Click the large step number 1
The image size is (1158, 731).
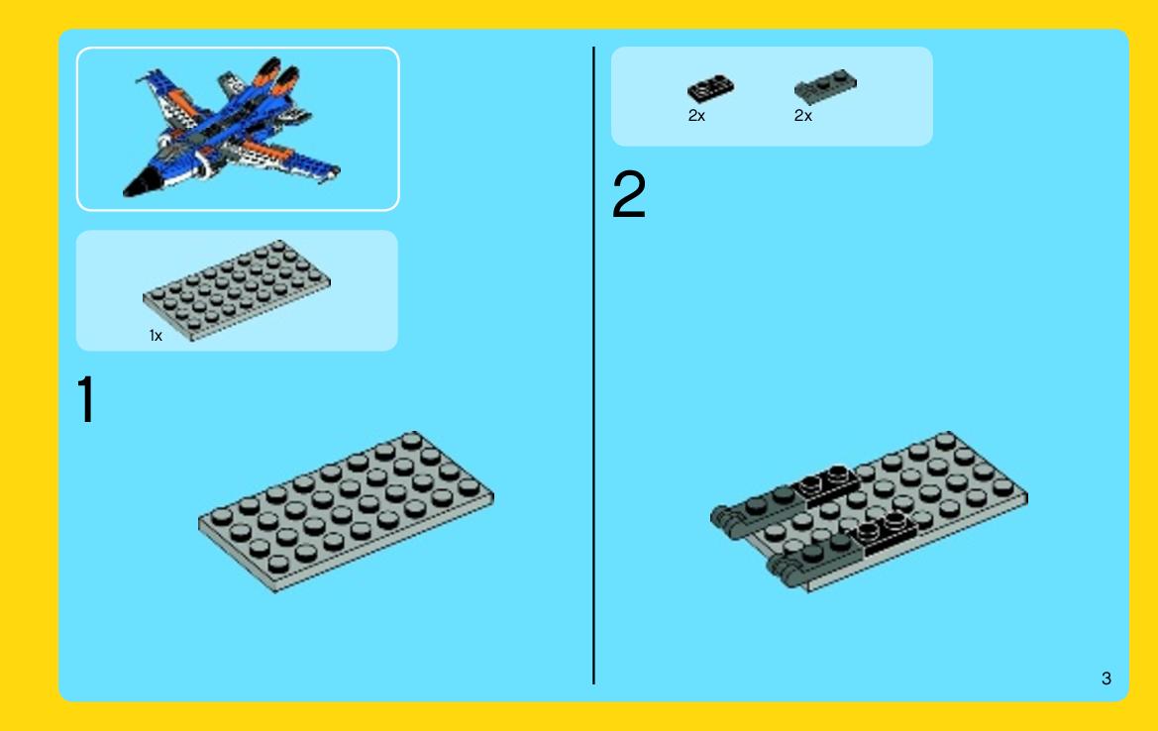click(86, 399)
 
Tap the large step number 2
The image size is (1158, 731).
click(629, 194)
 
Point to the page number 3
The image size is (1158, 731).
click(1106, 679)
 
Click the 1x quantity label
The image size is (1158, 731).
click(156, 336)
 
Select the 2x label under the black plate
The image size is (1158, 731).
click(696, 116)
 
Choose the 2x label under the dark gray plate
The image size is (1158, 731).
click(802, 116)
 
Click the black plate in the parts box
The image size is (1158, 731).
click(710, 88)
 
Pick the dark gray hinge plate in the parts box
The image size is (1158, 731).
click(826, 86)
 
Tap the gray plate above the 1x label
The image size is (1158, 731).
click(237, 289)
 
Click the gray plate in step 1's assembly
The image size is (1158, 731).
click(346, 511)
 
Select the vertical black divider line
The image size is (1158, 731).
click(593, 365)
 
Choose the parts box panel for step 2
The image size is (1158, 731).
click(772, 96)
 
